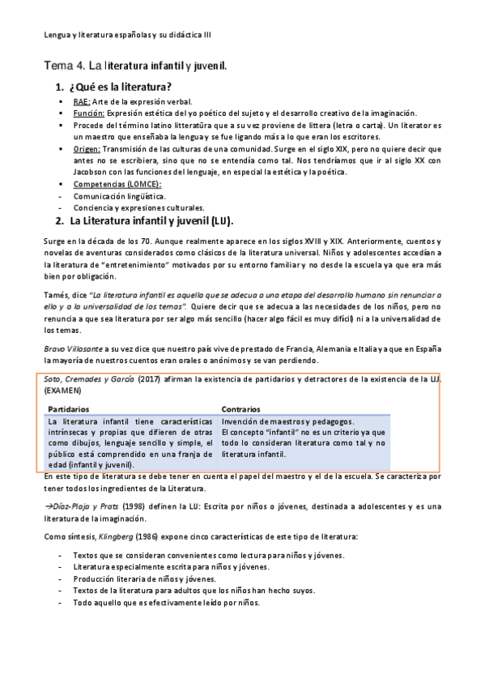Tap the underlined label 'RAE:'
pos(81,102)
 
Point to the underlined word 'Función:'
pos(88,113)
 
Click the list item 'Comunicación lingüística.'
pos(120,196)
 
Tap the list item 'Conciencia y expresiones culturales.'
pos(138,207)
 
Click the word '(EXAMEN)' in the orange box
pos(63,390)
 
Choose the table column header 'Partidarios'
pos(69,410)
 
